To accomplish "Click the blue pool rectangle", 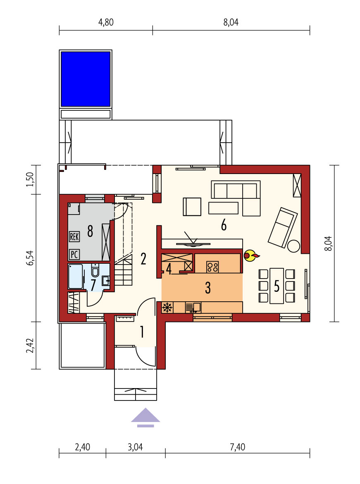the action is point(86,79).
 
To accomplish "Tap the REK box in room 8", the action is point(74,237).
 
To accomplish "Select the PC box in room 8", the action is point(74,254).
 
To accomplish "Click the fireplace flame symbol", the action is point(251,255).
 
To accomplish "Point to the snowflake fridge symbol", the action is point(167,308).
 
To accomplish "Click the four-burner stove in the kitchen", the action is point(212,267).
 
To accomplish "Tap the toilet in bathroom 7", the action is point(95,271).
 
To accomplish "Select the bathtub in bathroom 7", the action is point(76,276).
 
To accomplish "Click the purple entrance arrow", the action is point(145,417).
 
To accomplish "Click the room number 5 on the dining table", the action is point(277,286).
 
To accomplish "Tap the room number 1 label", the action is point(142,332).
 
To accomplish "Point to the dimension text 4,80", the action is point(106,22).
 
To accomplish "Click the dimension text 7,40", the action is point(237,447).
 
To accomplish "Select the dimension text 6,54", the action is point(30,258).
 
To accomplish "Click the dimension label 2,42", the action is point(30,345).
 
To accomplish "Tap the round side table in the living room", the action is point(293,246).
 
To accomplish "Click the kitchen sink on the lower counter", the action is point(193,308).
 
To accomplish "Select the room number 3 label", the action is point(208,287).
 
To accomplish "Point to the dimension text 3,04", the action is point(135,447).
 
